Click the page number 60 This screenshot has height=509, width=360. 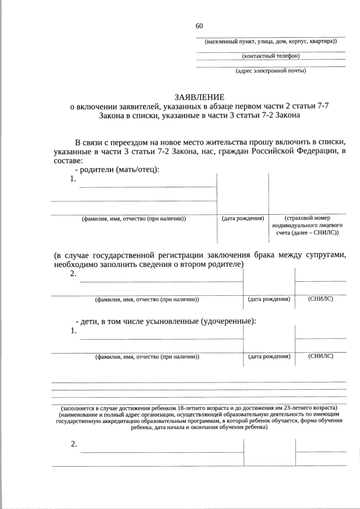(x=199, y=26)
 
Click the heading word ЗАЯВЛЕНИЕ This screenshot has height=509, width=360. (x=199, y=97)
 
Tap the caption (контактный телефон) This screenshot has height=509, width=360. (x=271, y=56)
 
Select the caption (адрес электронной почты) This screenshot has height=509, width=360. (x=271, y=71)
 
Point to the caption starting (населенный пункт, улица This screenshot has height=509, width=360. (x=271, y=41)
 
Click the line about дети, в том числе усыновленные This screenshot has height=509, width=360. (x=166, y=321)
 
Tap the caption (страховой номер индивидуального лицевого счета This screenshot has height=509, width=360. (x=307, y=225)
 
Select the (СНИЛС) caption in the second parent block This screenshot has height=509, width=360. (x=321, y=299)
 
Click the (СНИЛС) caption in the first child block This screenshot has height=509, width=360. (x=321, y=356)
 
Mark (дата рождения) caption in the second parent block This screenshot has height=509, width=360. (x=269, y=299)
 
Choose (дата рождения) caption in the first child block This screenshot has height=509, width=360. (x=269, y=356)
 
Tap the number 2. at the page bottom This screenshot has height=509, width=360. (x=74, y=444)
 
